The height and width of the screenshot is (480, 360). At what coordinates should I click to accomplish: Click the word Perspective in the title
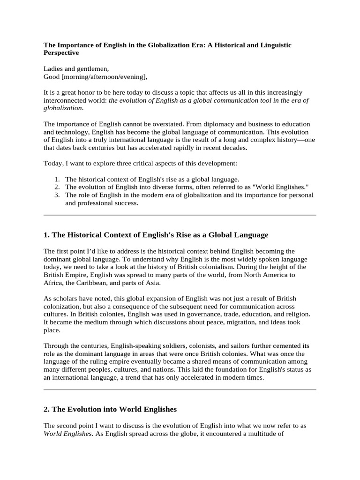point(61,53)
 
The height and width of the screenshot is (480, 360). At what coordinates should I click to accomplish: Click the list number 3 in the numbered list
point(57,195)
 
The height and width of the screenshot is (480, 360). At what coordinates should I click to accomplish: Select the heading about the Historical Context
point(156,234)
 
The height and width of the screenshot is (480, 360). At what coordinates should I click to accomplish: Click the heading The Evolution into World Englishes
point(110,409)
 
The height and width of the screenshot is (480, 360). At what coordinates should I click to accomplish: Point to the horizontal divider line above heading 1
point(180,215)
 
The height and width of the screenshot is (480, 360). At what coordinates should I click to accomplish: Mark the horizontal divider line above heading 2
point(180,390)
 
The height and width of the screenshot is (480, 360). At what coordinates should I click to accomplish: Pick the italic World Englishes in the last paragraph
point(65,434)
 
